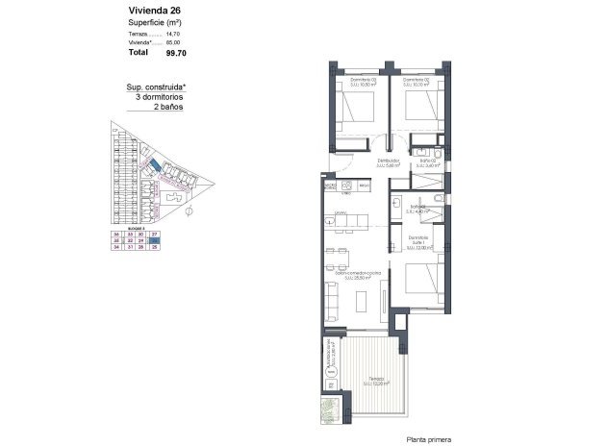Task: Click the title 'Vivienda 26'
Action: [x=154, y=11]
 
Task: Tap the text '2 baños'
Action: [x=169, y=107]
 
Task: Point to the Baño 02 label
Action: [x=426, y=161]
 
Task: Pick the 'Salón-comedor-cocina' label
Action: [x=358, y=275]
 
